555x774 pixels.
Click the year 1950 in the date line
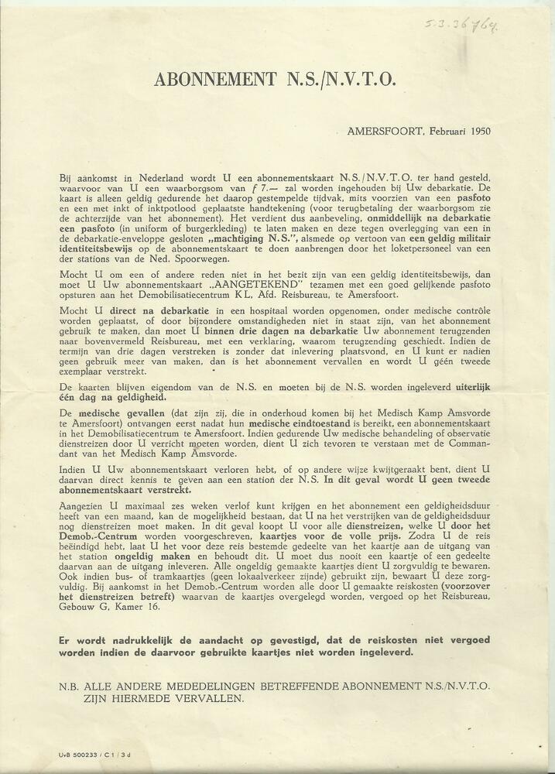click(x=476, y=131)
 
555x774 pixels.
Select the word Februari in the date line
click(x=438, y=131)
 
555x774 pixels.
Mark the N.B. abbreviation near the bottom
click(x=70, y=686)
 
